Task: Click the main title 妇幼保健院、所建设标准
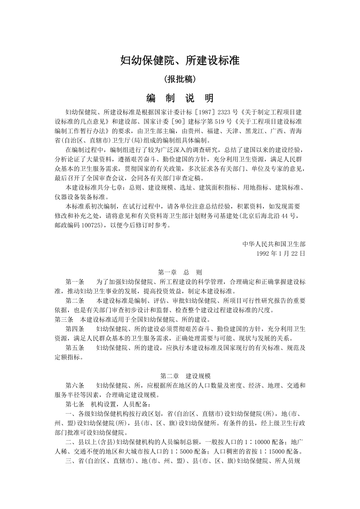pyautogui.click(x=180, y=61)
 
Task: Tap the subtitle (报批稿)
pyautogui.click(x=180, y=79)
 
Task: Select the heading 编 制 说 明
pyautogui.click(x=180, y=98)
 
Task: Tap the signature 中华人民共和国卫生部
pyautogui.click(x=274, y=244)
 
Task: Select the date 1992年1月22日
pyautogui.click(x=281, y=253)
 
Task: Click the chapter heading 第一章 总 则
pyautogui.click(x=180, y=272)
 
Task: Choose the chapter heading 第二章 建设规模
pyautogui.click(x=180, y=376)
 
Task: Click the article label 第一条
pyautogui.click(x=75, y=281)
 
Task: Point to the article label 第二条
pyautogui.click(x=75, y=300)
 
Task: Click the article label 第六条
pyautogui.click(x=75, y=385)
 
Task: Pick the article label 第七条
pyautogui.click(x=75, y=404)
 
